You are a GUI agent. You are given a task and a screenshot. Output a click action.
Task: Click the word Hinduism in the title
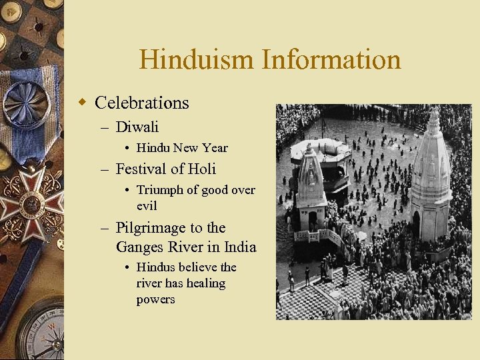[197, 60]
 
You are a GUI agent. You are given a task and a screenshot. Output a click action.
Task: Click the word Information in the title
[331, 60]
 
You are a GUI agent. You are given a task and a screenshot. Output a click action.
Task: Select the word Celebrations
[142, 103]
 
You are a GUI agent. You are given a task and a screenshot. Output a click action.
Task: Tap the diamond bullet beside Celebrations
[83, 103]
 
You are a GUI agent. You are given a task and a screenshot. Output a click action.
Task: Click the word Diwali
[137, 127]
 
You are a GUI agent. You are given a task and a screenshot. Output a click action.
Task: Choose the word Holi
[202, 169]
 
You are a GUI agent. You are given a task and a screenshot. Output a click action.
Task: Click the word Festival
[142, 169]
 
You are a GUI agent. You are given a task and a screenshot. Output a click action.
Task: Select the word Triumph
[160, 190]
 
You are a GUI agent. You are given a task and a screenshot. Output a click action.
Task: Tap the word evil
[147, 206]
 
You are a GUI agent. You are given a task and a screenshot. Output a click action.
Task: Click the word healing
[206, 283]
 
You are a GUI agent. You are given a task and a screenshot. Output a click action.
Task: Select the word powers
[155, 299]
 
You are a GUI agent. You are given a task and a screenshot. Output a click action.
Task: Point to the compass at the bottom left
[40, 337]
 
